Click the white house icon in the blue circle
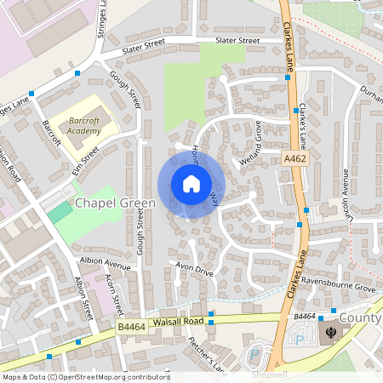point(191,184)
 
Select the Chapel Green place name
point(115,203)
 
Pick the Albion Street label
point(83,298)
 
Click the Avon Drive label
point(193,269)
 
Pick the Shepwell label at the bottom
point(268,373)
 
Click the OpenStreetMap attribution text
point(85,377)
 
